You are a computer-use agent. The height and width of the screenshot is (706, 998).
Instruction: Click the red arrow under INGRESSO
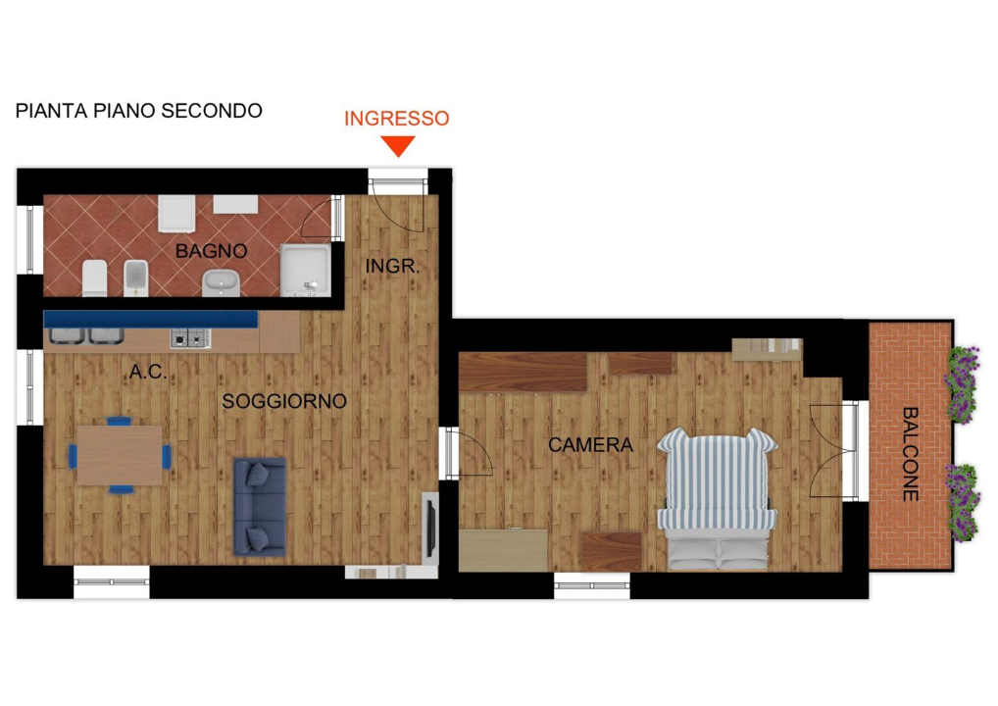tap(398, 146)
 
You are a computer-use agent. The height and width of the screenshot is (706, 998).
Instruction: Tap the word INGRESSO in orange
tap(396, 119)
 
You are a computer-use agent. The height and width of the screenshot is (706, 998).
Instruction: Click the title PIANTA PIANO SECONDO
tap(139, 111)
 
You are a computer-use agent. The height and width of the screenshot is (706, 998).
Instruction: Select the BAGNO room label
tap(212, 251)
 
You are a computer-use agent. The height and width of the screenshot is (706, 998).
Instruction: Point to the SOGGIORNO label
tap(284, 401)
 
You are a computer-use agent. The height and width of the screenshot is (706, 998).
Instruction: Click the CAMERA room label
tap(590, 445)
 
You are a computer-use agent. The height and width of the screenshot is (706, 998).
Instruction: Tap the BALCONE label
tap(911, 454)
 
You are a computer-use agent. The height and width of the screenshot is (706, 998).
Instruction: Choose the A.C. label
tap(148, 372)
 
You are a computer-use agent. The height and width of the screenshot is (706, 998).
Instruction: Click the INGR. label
tap(393, 266)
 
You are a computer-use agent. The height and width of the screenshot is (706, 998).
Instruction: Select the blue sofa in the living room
tap(260, 507)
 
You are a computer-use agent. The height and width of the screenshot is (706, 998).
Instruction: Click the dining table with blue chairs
tap(120, 456)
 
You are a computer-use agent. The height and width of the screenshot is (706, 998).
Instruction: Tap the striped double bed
tap(718, 498)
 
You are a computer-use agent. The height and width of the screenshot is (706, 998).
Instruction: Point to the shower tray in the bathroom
tap(306, 271)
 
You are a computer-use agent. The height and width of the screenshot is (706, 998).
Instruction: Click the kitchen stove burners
tap(190, 338)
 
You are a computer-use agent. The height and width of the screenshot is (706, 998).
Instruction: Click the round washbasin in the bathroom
tap(221, 282)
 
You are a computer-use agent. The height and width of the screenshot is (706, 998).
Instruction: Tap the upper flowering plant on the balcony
tap(962, 384)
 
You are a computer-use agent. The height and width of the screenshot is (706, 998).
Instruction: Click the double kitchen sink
tap(86, 336)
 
